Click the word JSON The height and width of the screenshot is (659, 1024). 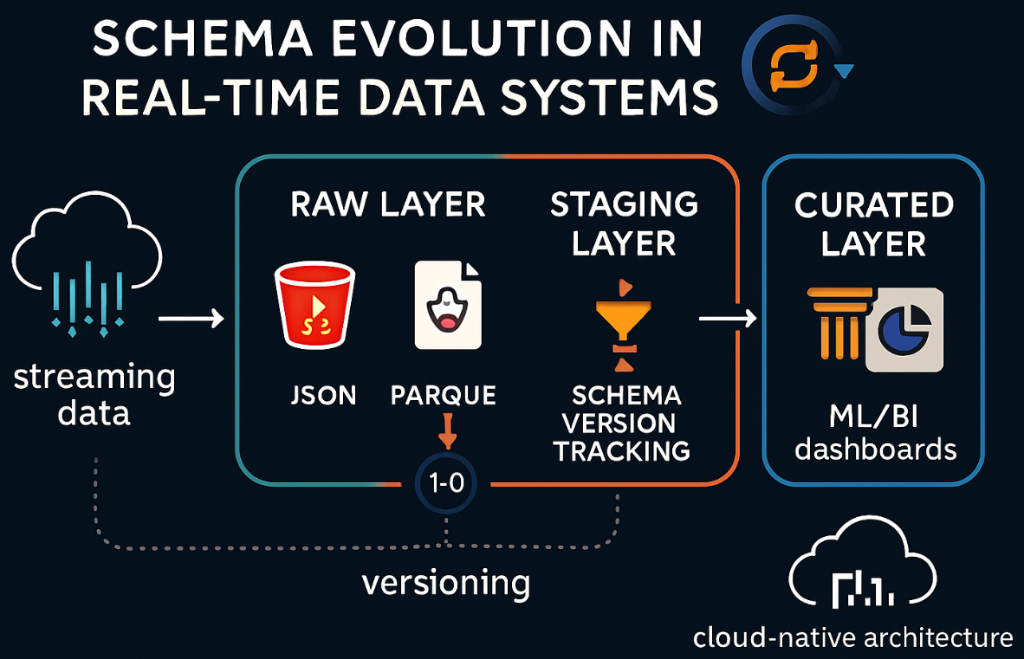click(x=323, y=396)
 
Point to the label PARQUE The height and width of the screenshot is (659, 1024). click(x=444, y=396)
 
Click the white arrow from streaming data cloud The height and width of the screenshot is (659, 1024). click(x=191, y=320)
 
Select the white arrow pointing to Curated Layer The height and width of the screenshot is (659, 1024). click(x=728, y=320)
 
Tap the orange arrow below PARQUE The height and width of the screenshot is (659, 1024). click(x=447, y=431)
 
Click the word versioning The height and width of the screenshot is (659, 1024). click(x=445, y=583)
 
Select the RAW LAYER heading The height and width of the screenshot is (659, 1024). click(x=387, y=204)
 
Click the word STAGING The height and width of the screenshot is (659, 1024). click(x=624, y=204)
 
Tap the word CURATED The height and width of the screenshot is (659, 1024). click(x=873, y=206)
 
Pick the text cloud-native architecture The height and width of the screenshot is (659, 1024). click(x=852, y=638)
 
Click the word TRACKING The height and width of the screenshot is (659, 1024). click(x=622, y=450)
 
